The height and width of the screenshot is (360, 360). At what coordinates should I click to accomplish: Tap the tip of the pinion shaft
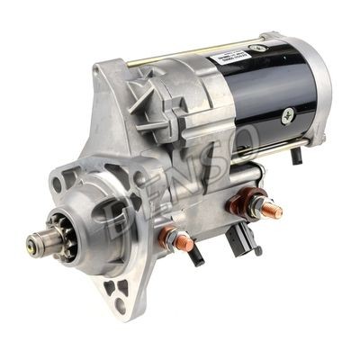pyautogui.click(x=33, y=240)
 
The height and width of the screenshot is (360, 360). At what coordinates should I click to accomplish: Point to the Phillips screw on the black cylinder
pyautogui.click(x=289, y=114)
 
